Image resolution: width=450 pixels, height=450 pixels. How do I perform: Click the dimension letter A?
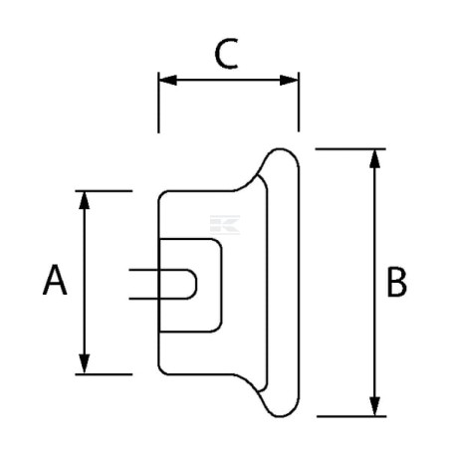click(55, 280)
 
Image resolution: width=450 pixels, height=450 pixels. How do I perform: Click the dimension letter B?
click(396, 282)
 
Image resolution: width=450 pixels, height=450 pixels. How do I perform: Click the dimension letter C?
click(226, 54)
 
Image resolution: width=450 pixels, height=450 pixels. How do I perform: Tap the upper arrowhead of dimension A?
click(85, 200)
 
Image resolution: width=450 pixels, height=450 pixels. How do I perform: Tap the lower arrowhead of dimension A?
click(85, 364)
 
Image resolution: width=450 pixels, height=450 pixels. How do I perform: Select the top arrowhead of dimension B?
click(374, 158)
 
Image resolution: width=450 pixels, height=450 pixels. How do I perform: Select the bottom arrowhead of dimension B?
click(374, 406)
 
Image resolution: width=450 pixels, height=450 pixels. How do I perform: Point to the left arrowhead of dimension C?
click(168, 80)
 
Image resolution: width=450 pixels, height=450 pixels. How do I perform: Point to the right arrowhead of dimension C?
click(289, 80)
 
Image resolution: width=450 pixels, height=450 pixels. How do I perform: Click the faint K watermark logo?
click(225, 225)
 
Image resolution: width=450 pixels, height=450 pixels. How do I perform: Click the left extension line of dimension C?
click(158, 103)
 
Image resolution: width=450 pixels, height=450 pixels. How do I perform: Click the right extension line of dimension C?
click(299, 102)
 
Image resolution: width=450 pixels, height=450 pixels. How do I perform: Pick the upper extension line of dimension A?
click(104, 191)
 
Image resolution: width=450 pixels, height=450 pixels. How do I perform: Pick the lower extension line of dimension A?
click(104, 374)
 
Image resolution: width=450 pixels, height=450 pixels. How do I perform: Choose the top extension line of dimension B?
click(350, 149)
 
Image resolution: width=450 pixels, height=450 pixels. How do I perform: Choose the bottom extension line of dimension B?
click(351, 416)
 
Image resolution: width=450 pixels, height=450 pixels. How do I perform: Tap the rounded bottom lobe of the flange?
click(281, 416)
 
